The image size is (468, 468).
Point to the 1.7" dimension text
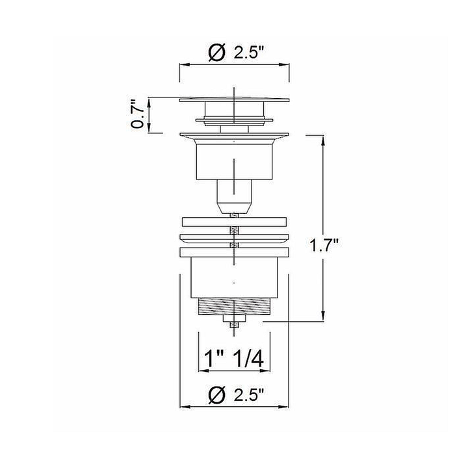pyautogui.click(x=324, y=246)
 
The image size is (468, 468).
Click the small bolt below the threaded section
pyautogui.click(x=234, y=323)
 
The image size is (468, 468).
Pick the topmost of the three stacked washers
pyautogui.click(x=234, y=221)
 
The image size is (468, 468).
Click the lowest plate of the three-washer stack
pyautogui.click(x=234, y=251)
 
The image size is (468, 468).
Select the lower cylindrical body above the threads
pyautogui.click(x=234, y=276)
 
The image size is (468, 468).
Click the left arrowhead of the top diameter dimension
pyautogui.click(x=183, y=65)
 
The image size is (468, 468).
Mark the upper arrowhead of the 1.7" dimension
pyautogui.click(x=323, y=138)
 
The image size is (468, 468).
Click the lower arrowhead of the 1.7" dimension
pyautogui.click(x=323, y=317)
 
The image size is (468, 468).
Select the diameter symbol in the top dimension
pyautogui.click(x=216, y=53)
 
